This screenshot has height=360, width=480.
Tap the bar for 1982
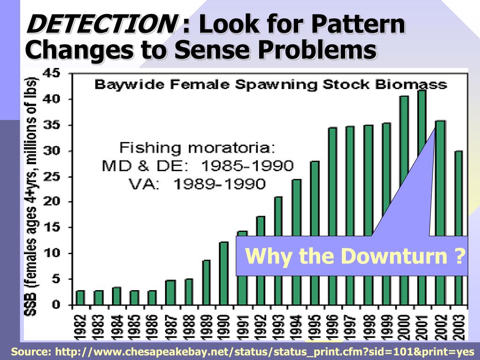(x=81, y=298)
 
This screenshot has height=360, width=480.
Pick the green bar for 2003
(x=458, y=192)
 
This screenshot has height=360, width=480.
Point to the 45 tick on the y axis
(x=52, y=74)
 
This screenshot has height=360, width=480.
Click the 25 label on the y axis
(x=52, y=177)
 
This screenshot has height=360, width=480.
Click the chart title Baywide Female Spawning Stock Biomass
(x=270, y=85)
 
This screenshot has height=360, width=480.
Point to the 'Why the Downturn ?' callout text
(x=356, y=256)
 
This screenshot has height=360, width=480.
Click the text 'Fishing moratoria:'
(x=197, y=148)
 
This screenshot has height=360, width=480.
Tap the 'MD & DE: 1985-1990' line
(x=197, y=166)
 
